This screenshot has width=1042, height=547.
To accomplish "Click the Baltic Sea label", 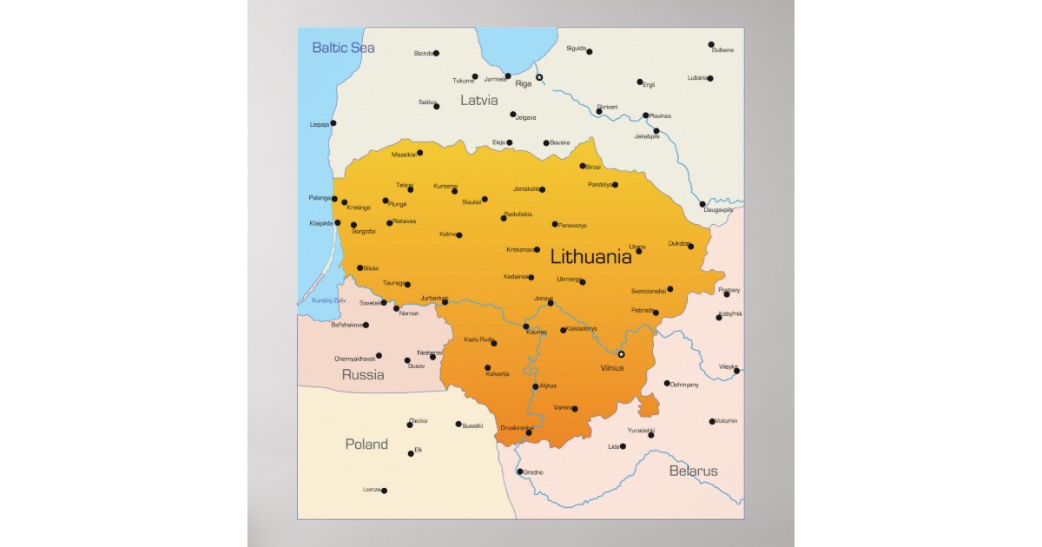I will pyautogui.click(x=343, y=48).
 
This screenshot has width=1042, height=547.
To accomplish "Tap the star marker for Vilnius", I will pyautogui.click(x=621, y=354).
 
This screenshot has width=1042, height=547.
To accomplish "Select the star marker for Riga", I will pyautogui.click(x=539, y=77).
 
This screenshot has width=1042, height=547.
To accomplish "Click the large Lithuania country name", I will pyautogui.click(x=590, y=257).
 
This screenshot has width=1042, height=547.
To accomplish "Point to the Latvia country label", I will pyautogui.click(x=478, y=101).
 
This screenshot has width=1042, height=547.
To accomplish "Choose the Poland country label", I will pyautogui.click(x=366, y=445).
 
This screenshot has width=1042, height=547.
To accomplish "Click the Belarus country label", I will pyautogui.click(x=693, y=471).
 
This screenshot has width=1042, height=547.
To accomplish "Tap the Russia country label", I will pyautogui.click(x=363, y=375).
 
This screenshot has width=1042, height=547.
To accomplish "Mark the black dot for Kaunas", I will pyautogui.click(x=526, y=326).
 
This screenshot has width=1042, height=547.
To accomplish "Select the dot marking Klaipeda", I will pyautogui.click(x=338, y=222).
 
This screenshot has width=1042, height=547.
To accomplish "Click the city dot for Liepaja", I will pyautogui.click(x=333, y=123).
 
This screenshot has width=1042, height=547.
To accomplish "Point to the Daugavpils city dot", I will pyautogui.click(x=702, y=205).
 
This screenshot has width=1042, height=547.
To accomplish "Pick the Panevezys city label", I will pyautogui.click(x=572, y=226).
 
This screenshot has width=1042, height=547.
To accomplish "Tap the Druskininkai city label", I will pyautogui.click(x=517, y=427).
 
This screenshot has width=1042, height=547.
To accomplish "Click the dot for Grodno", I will pyautogui.click(x=520, y=472).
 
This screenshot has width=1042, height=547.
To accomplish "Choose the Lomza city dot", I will pyautogui.click(x=384, y=491).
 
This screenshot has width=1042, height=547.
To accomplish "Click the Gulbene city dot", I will pyautogui.click(x=711, y=44).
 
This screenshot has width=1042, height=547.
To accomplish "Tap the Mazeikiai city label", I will pyautogui.click(x=404, y=155).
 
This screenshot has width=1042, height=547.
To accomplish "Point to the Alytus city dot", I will pyautogui.click(x=535, y=386).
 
